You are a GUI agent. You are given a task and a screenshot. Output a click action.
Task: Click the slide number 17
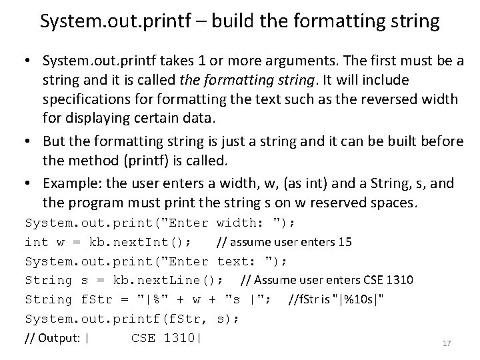447,344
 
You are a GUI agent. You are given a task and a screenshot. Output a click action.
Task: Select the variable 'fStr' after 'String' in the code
95,299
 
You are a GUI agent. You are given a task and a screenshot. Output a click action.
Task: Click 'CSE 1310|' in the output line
166,338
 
